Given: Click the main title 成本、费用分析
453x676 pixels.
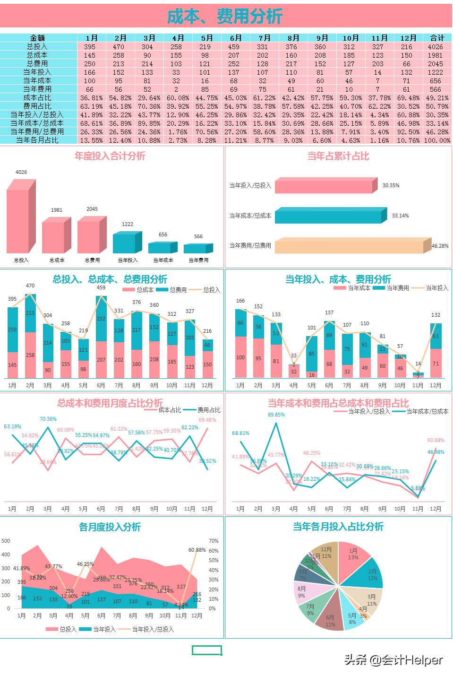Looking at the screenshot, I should pos(225,17).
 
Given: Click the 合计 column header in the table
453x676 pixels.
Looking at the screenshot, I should pos(437,38).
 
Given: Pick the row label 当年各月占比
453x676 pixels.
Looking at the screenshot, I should pos(38,140).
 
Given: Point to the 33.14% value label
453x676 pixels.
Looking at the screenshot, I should pos(400,216).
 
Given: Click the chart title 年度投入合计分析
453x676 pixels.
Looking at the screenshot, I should pos(110,156).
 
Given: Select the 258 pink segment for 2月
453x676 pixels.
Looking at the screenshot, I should pos(30,355).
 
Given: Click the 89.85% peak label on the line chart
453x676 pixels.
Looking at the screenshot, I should pos(276,415).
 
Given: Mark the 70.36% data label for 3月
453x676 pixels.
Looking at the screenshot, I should pos(48,419).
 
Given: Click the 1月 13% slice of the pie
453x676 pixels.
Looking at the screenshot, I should pos(353,555).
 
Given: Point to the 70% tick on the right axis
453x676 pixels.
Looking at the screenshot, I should pos(214,541).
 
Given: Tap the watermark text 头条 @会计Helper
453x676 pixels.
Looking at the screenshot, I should pos(393,659).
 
